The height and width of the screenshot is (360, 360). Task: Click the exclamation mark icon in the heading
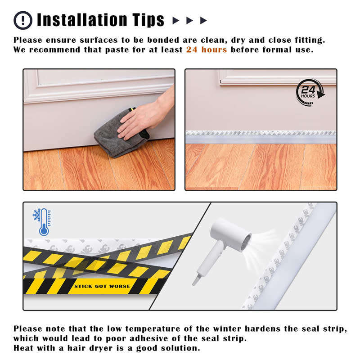[23, 20]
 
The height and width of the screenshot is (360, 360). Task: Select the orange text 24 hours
[207, 49]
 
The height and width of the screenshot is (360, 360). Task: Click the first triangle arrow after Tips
[176, 20]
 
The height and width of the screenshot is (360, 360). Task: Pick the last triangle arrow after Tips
[204, 20]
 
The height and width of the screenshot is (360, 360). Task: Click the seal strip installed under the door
[261, 136]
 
